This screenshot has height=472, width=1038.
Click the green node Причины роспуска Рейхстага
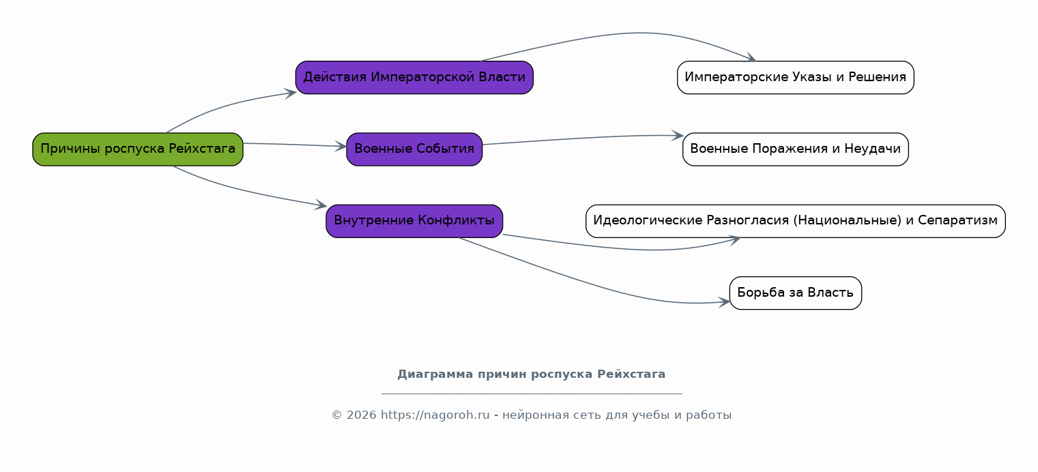point(138,149)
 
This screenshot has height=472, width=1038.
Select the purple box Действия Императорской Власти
point(414,77)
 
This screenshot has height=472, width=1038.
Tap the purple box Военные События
point(414,149)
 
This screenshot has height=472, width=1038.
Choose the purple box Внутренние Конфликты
point(414,221)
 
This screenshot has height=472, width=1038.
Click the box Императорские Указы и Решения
point(795,77)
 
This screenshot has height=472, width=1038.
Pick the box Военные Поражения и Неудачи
point(795,149)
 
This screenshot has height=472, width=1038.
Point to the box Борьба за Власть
point(795,293)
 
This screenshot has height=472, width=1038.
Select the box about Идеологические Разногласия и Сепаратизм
point(795,221)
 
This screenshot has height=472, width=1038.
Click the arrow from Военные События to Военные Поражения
point(583,138)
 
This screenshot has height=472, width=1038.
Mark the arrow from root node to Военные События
point(295,145)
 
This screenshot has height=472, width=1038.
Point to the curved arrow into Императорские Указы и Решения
point(639,33)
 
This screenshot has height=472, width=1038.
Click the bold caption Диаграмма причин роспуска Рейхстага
point(531,374)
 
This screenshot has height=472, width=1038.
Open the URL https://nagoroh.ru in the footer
point(435,415)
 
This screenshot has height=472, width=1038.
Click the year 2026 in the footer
point(362,415)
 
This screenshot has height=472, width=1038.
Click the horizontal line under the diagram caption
point(532,394)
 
